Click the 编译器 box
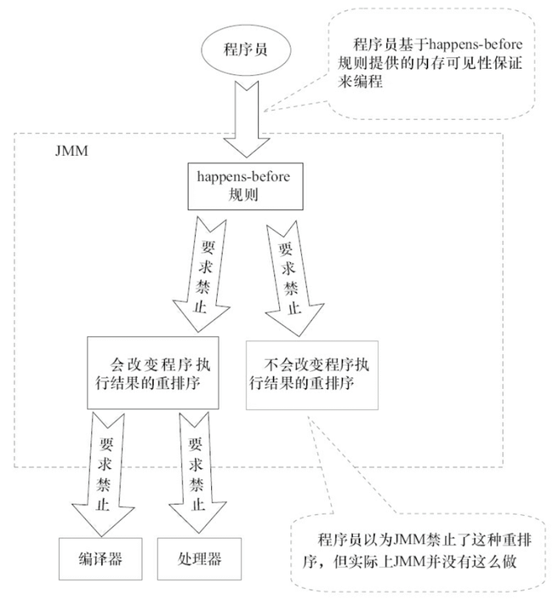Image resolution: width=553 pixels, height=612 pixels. [x=100, y=559]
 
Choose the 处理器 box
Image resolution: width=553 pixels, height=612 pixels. [x=200, y=559]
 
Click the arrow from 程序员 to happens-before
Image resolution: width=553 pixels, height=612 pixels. [x=243, y=115]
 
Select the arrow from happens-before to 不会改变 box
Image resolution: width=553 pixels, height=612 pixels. [x=288, y=272]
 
